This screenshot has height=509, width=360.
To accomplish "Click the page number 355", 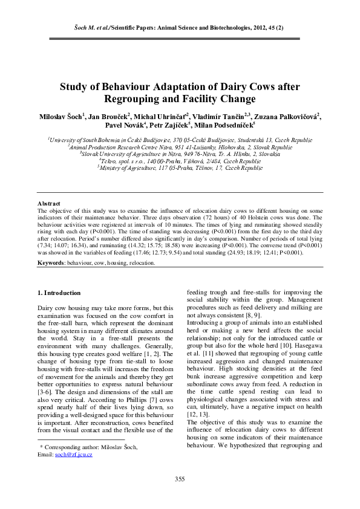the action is pos(180,479).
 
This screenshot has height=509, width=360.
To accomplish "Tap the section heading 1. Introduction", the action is pos(59,293).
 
